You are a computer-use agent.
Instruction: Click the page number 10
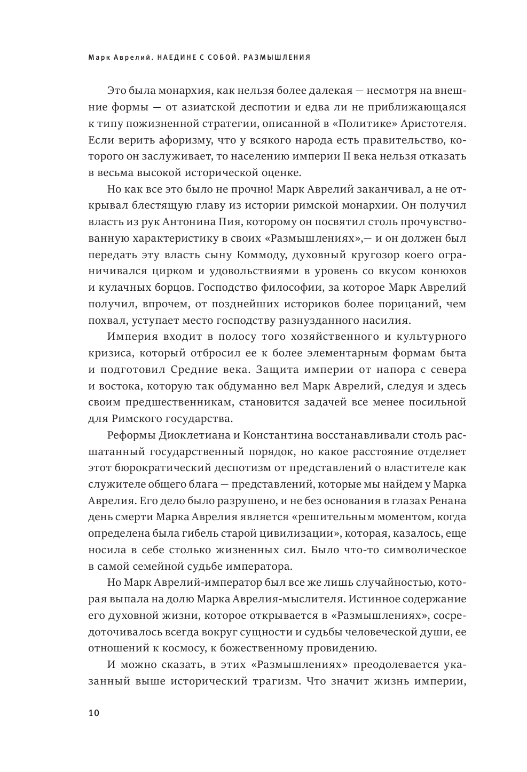(93, 713)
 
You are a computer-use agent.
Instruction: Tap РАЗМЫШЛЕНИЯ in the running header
(277, 57)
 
